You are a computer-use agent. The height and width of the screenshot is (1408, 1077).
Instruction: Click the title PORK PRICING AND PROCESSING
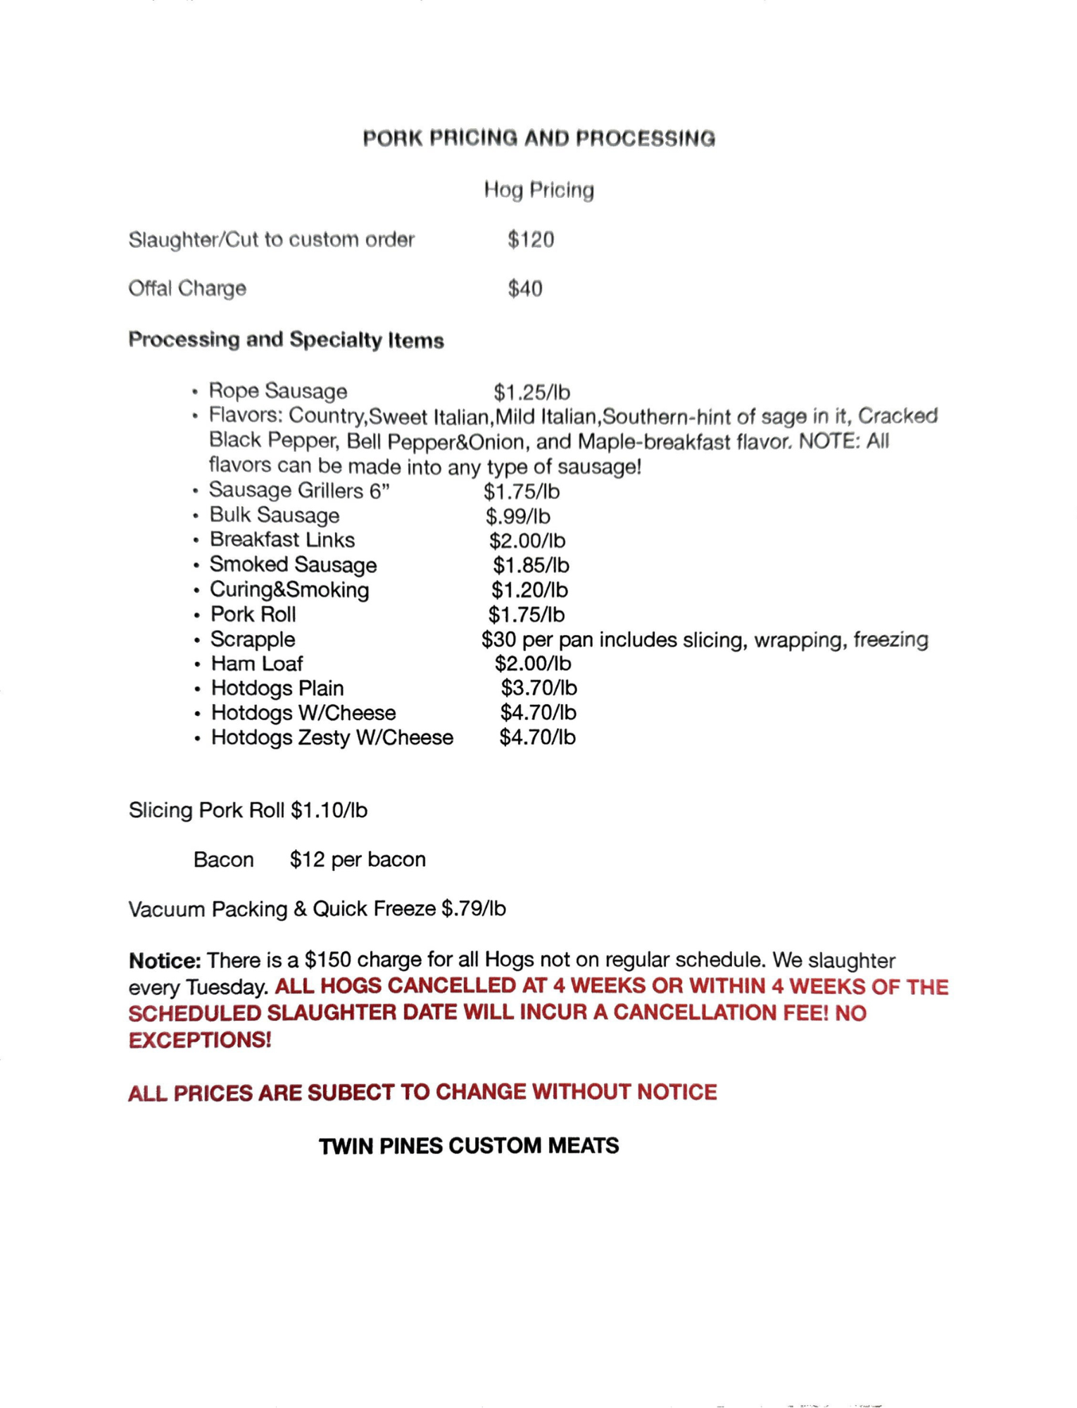[x=538, y=138]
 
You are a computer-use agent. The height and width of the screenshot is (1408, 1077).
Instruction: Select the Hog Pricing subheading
[x=538, y=190]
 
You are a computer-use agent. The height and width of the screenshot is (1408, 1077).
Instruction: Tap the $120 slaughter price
[x=531, y=240]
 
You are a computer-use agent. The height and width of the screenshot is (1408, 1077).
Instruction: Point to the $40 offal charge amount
[x=525, y=289]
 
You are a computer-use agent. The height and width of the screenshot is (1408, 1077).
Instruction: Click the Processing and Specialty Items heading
[x=286, y=340]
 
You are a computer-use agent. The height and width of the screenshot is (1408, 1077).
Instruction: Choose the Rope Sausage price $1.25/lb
[x=531, y=392]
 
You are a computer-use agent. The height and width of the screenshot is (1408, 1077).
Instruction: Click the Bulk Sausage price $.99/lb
[x=517, y=517]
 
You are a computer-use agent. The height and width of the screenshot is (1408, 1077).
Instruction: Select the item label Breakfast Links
[x=282, y=540]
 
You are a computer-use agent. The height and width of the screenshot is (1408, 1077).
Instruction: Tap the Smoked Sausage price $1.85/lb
[x=531, y=565]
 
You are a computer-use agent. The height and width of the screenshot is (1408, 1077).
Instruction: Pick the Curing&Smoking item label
[x=289, y=590]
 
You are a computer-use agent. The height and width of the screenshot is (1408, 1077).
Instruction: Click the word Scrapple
[x=253, y=639]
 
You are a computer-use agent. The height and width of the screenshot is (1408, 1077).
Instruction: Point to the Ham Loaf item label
[x=257, y=664]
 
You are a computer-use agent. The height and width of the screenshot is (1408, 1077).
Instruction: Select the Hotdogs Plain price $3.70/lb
[x=538, y=688]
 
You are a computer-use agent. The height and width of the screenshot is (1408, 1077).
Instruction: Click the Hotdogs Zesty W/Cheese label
[x=332, y=738]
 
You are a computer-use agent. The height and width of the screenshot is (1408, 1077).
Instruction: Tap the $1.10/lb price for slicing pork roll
[x=329, y=811]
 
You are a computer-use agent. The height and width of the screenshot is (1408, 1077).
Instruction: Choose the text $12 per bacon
[x=358, y=860]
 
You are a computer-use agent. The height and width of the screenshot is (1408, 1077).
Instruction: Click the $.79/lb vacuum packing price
[x=474, y=909]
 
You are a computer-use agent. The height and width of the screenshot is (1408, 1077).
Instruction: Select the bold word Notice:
[x=165, y=961]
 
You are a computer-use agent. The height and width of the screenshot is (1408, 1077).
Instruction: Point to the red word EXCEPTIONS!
[x=200, y=1040]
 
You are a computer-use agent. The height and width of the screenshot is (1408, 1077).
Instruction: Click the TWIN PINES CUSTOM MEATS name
[x=469, y=1146]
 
